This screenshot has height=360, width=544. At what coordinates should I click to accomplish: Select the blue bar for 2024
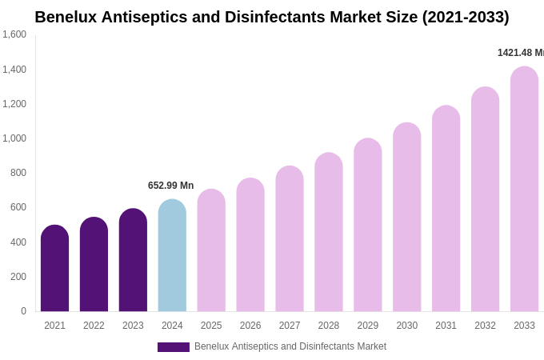pyautogui.click(x=172, y=255)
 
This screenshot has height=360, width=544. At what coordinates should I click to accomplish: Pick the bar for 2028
pyautogui.click(x=328, y=232)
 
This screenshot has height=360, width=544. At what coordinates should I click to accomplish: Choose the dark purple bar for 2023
pyautogui.click(x=133, y=260)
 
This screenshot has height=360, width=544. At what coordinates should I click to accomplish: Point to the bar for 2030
pyautogui.click(x=406, y=217)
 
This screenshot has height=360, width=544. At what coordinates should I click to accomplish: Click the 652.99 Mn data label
pyautogui.click(x=170, y=186)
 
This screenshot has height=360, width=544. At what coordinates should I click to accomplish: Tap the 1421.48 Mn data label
pyautogui.click(x=520, y=53)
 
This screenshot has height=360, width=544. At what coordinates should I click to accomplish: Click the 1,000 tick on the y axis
pyautogui.click(x=14, y=138)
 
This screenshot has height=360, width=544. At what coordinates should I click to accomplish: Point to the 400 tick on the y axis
pyautogui.click(x=18, y=242)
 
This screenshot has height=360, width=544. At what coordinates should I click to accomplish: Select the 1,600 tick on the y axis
pyautogui.click(x=14, y=34)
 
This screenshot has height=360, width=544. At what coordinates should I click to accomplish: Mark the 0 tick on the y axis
pyautogui.click(x=23, y=311)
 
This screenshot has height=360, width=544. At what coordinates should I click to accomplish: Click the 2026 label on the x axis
pyautogui.click(x=250, y=326)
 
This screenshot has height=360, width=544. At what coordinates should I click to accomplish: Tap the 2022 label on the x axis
pyautogui.click(x=94, y=326)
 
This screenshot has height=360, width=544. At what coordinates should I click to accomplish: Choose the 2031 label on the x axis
pyautogui.click(x=446, y=326)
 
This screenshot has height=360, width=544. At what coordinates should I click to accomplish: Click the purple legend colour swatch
pyautogui.click(x=173, y=347)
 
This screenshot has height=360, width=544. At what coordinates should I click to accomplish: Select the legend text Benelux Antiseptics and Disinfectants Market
pyautogui.click(x=290, y=346)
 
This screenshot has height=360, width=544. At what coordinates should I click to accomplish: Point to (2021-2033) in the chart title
pyautogui.click(x=465, y=17)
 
